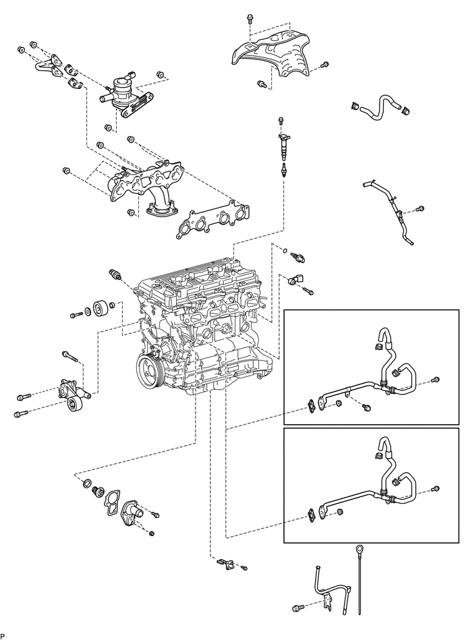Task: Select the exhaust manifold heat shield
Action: pyautogui.click(x=272, y=54)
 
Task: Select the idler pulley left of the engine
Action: pyautogui.click(x=100, y=309)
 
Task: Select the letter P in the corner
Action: pyautogui.click(x=3, y=637)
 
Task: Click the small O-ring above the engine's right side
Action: pyautogui.click(x=286, y=250)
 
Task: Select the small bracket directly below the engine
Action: pyautogui.click(x=226, y=564)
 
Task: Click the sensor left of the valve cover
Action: pyautogui.click(x=115, y=274)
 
